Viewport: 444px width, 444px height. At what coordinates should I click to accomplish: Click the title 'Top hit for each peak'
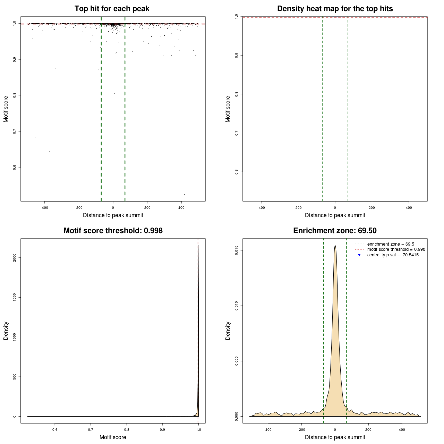click(x=112, y=9)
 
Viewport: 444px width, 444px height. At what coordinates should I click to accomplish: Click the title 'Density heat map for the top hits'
click(x=335, y=9)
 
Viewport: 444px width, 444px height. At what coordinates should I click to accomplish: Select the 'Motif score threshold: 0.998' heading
click(x=113, y=231)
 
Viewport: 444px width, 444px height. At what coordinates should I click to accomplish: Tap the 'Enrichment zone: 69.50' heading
click(x=335, y=231)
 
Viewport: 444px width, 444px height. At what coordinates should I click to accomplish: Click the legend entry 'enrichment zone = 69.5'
click(x=391, y=244)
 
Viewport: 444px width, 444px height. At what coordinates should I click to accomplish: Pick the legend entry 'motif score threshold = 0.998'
click(x=396, y=249)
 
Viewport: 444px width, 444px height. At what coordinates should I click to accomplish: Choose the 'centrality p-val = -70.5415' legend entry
click(x=393, y=255)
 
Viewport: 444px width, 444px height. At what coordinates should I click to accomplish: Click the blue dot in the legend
click(x=359, y=255)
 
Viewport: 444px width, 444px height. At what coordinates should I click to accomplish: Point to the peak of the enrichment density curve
click(x=335, y=246)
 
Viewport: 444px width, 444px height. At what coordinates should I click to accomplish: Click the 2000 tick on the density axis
click(x=15, y=257)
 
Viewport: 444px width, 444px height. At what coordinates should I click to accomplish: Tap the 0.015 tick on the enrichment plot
click(x=237, y=250)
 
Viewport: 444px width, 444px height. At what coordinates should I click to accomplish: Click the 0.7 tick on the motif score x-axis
click(x=91, y=429)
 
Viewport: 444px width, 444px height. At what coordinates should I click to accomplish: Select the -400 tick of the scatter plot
click(x=44, y=207)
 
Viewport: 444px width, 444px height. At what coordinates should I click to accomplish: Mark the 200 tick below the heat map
click(x=372, y=207)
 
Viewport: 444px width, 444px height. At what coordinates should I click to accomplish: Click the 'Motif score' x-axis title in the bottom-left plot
click(x=113, y=437)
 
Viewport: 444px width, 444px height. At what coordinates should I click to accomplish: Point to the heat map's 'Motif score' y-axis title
click(x=228, y=109)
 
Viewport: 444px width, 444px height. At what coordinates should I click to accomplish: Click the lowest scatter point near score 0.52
click(x=184, y=194)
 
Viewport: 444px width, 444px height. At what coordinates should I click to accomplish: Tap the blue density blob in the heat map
click(x=335, y=17)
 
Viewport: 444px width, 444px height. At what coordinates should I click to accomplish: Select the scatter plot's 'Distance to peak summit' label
click(x=113, y=215)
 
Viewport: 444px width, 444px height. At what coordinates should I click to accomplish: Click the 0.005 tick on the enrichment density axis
click(x=237, y=361)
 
